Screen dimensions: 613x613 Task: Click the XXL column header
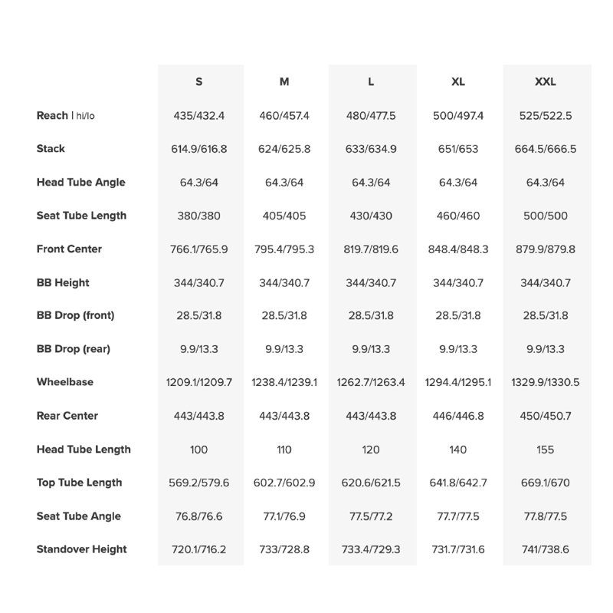click(x=545, y=82)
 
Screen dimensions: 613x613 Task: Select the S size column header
click(x=199, y=82)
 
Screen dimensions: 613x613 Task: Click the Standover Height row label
click(x=82, y=549)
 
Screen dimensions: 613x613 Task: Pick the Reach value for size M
click(x=284, y=116)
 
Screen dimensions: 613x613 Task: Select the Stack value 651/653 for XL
click(x=458, y=149)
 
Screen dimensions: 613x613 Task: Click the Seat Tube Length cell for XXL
click(x=545, y=216)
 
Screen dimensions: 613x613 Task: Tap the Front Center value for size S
click(x=199, y=249)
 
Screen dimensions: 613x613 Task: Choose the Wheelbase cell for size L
click(x=371, y=382)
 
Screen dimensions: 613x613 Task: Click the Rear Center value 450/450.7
click(x=545, y=416)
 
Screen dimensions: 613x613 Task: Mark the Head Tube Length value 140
click(x=458, y=450)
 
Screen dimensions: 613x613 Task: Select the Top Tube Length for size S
click(x=199, y=483)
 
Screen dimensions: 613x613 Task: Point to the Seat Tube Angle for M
click(x=284, y=516)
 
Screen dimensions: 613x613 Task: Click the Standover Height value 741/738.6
click(x=545, y=549)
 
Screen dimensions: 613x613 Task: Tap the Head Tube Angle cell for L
click(x=371, y=183)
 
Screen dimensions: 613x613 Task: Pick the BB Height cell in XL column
click(x=458, y=283)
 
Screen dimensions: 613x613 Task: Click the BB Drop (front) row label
click(x=76, y=315)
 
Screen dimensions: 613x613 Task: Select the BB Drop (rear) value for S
click(x=199, y=349)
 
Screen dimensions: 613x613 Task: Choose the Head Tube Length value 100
click(x=199, y=450)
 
